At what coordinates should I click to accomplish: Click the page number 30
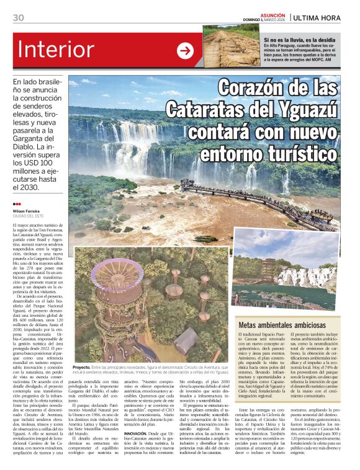pos(18,17)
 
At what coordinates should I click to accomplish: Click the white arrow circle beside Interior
pos(185,51)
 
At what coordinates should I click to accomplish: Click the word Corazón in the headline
pos(254,89)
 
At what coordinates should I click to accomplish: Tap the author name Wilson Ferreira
pos(27,210)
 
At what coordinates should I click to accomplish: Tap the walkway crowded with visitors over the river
pos(248,197)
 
